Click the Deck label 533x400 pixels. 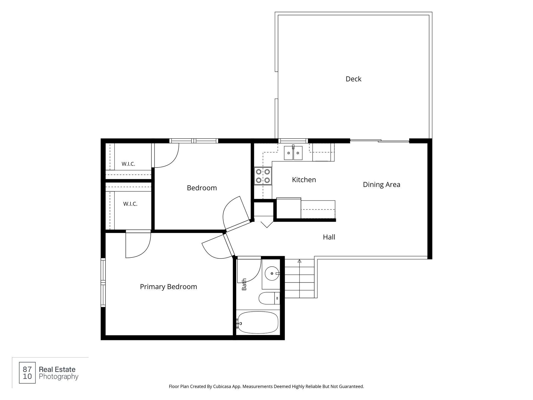coord(353,79)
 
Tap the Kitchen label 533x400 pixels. coord(304,180)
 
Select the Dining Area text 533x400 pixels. coord(381,184)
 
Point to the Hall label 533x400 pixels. coord(329,237)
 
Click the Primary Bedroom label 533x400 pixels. coord(169,287)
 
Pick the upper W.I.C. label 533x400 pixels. coord(128,164)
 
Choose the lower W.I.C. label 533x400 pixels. coord(130,204)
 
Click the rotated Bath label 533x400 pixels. coord(244,284)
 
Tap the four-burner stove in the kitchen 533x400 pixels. coord(263,176)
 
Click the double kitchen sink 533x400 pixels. coord(293,153)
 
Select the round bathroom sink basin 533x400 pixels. coord(272,273)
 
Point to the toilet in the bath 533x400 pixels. coord(269,298)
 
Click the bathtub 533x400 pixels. coord(258,322)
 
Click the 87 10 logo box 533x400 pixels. coord(27,373)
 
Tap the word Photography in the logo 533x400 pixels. coord(59,377)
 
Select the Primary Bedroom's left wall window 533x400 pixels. coord(103,282)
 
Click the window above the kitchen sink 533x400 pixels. coord(293,141)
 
